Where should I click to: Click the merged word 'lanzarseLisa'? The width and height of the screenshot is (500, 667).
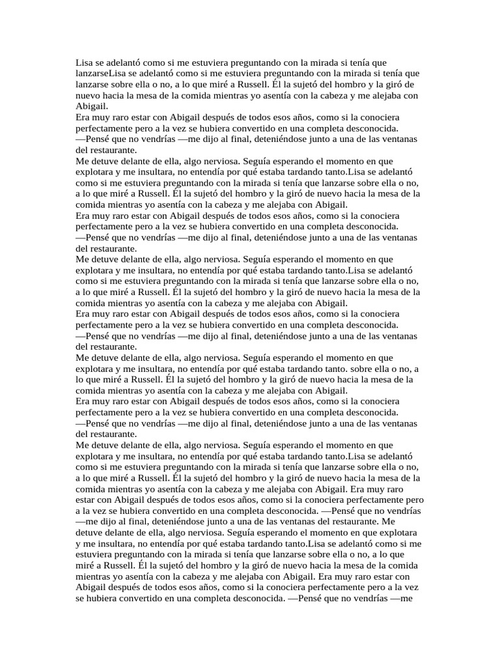click(x=103, y=74)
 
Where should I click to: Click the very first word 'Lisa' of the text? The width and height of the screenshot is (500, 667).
click(x=85, y=63)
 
